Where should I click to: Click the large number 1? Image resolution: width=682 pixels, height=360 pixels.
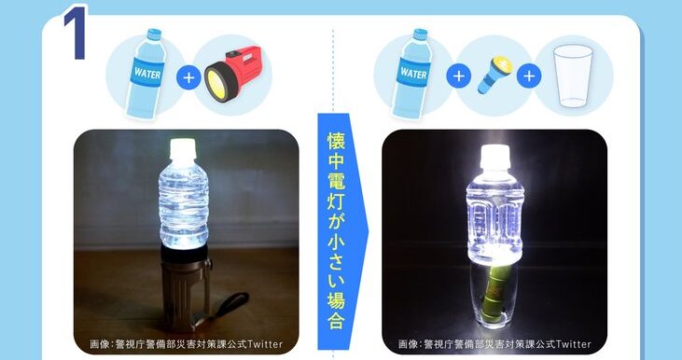tap(76, 33)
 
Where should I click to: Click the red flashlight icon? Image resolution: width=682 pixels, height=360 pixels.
tap(232, 73)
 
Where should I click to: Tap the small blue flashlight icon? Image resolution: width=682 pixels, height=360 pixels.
tap(494, 75)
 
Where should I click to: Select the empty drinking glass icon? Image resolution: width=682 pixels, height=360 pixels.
tap(573, 76)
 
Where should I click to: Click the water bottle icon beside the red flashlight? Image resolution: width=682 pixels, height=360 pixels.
tap(146, 73)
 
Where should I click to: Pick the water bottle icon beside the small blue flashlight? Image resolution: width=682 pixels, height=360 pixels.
tap(411, 73)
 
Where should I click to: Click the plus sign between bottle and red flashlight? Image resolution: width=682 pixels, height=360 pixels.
tap(188, 77)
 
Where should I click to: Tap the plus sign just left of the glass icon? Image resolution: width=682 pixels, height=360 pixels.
tap(528, 76)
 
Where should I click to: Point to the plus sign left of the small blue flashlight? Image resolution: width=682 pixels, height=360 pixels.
tap(458, 76)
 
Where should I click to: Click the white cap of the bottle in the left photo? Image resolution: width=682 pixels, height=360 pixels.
tap(183, 149)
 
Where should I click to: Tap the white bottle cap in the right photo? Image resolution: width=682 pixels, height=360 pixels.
tap(494, 157)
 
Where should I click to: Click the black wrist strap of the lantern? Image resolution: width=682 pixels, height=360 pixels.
tap(230, 303)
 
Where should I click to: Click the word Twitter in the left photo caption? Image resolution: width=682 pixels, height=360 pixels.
tap(265, 344)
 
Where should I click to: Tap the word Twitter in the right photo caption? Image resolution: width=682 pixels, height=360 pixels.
tap(573, 344)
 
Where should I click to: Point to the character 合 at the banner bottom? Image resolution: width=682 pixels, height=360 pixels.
tap(336, 321)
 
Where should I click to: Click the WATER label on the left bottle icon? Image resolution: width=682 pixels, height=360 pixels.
tap(147, 73)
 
